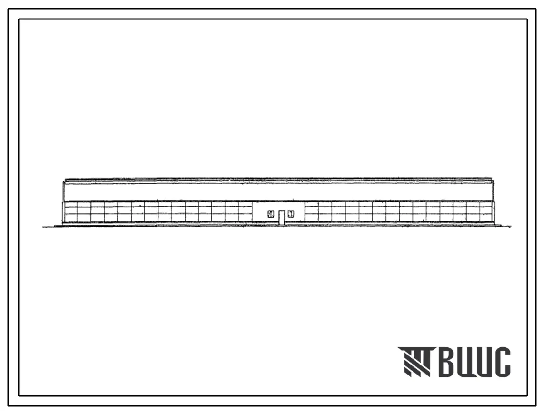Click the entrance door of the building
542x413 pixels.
(x=281, y=218)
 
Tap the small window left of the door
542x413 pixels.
(x=271, y=214)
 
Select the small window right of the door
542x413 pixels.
(x=291, y=214)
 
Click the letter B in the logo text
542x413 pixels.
(x=446, y=362)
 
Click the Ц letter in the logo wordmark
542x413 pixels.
(x=483, y=363)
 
